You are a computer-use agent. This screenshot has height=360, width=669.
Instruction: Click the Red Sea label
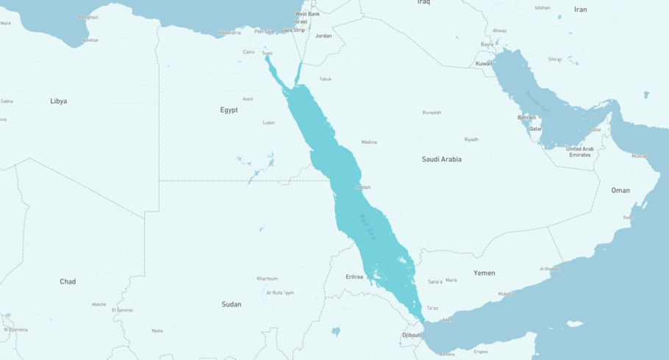tap(367, 226)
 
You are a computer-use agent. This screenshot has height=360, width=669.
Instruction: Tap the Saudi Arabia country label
tap(441, 159)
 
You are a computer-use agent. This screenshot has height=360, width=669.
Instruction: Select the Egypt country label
tap(229, 109)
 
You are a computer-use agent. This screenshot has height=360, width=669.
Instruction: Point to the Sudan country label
tap(232, 303)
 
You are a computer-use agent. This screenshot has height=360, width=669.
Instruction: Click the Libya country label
tap(58, 101)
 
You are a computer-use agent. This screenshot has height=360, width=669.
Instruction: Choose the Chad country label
tap(68, 281)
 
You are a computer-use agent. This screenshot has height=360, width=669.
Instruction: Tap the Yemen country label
tap(484, 273)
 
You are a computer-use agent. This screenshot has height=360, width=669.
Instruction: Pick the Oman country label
tap(620, 190)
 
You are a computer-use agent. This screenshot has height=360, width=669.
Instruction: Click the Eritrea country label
tap(354, 277)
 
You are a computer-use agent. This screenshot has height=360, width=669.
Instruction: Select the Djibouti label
tap(411, 334)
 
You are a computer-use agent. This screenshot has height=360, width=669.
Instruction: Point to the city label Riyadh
tap(471, 139)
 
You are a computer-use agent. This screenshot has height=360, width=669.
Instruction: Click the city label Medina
tap(369, 142)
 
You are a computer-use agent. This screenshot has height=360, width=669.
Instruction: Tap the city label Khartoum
tap(268, 278)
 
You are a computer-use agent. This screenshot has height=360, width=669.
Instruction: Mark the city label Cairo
tap(248, 51)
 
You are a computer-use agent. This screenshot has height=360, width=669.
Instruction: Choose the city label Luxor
tap(269, 122)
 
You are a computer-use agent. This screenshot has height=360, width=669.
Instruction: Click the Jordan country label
tap(323, 35)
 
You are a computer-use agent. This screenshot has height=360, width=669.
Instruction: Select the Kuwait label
tap(484, 63)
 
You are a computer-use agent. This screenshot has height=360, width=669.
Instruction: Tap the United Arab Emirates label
tap(579, 151)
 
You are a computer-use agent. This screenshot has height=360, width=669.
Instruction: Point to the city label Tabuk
tap(325, 79)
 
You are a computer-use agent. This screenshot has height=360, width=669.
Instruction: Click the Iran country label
tap(581, 10)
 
